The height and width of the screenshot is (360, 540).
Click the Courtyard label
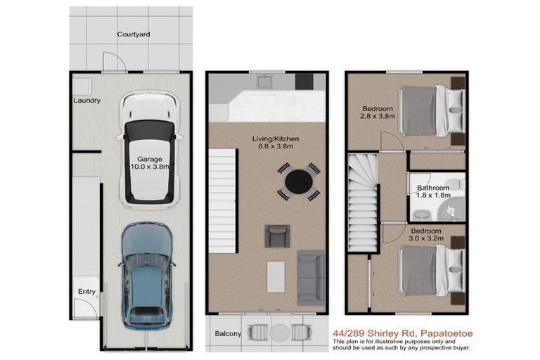click(134, 34)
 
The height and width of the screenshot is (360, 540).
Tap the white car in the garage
click(149, 150)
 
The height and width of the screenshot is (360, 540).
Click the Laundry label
click(87, 101)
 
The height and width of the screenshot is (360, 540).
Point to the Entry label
click(86, 292)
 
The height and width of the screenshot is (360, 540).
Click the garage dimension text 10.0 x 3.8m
click(150, 167)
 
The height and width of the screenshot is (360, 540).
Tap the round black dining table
click(299, 181)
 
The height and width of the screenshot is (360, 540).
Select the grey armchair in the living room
click(277, 236)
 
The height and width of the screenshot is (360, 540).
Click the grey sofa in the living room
click(311, 278)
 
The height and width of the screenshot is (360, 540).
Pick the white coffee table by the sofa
click(276, 276)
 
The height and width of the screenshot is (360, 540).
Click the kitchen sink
click(265, 81)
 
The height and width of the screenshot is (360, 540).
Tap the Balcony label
click(228, 333)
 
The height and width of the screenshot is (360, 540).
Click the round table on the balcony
click(280, 333)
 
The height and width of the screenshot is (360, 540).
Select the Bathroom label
click(433, 188)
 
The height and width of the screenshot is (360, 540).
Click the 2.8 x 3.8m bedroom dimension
click(378, 117)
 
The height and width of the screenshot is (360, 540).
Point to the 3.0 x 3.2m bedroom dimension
click(426, 238)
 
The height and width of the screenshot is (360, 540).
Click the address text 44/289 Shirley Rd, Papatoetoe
click(403, 333)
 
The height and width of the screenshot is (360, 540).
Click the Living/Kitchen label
click(276, 139)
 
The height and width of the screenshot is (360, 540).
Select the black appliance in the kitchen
click(304, 82)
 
